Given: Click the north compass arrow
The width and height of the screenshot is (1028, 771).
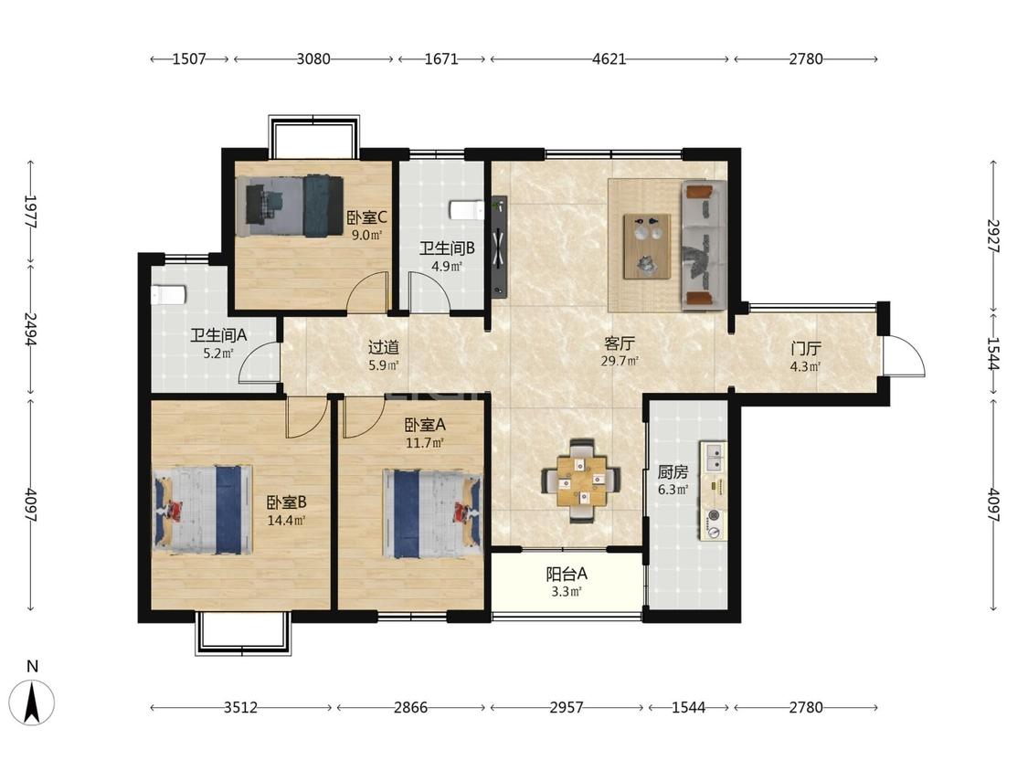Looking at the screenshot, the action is [x=32, y=702].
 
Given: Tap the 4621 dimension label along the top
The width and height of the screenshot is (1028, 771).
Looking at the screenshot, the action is [x=609, y=59].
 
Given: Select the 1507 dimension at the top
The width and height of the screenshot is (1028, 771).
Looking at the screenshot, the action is [x=189, y=59].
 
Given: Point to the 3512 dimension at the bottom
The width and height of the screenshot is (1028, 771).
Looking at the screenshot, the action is [x=240, y=707].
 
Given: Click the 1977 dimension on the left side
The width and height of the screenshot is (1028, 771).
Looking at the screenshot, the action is [x=30, y=211].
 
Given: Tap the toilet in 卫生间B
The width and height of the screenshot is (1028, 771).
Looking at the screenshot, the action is [x=466, y=210].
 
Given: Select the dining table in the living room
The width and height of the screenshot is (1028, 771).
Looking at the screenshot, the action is [x=581, y=481].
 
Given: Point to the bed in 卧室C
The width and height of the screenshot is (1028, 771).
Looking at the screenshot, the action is [x=294, y=206].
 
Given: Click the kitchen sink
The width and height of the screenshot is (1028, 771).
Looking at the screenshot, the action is [x=714, y=458].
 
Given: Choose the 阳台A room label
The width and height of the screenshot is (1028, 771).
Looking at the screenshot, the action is [x=567, y=575].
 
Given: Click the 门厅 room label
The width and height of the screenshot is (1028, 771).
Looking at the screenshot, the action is [x=806, y=348].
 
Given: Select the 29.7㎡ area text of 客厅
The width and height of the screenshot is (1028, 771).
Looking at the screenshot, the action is [x=620, y=361].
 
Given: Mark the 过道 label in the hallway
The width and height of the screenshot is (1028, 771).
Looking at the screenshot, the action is [x=384, y=347].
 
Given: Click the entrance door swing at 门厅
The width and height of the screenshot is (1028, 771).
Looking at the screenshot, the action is [x=904, y=356].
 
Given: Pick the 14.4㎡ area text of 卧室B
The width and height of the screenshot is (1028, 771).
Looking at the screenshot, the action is [x=287, y=522].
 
